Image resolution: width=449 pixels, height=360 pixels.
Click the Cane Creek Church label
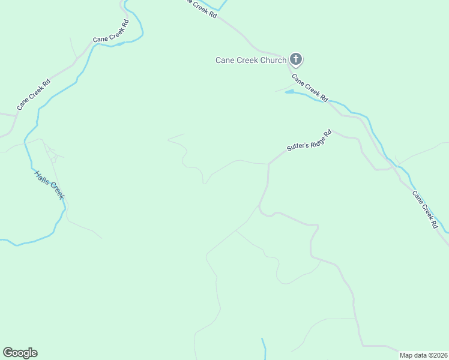(251, 60)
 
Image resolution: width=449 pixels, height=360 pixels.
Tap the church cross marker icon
(295, 59)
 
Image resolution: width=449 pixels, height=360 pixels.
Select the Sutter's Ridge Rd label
(309, 141)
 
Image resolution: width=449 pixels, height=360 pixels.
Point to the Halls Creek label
(49, 185)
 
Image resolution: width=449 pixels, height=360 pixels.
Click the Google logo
(20, 353)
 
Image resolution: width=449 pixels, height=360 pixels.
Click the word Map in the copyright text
(407, 355)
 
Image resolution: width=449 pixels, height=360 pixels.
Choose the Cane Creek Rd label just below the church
(310, 87)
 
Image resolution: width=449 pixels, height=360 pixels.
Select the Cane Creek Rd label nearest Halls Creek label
(34, 94)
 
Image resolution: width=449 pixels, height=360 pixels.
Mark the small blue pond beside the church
(290, 92)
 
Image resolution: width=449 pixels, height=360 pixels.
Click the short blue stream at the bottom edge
(263, 348)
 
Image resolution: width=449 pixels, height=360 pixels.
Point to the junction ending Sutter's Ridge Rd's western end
(268, 164)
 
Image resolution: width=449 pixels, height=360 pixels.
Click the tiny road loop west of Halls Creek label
(53, 160)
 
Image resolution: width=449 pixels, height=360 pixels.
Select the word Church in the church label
(273, 60)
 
